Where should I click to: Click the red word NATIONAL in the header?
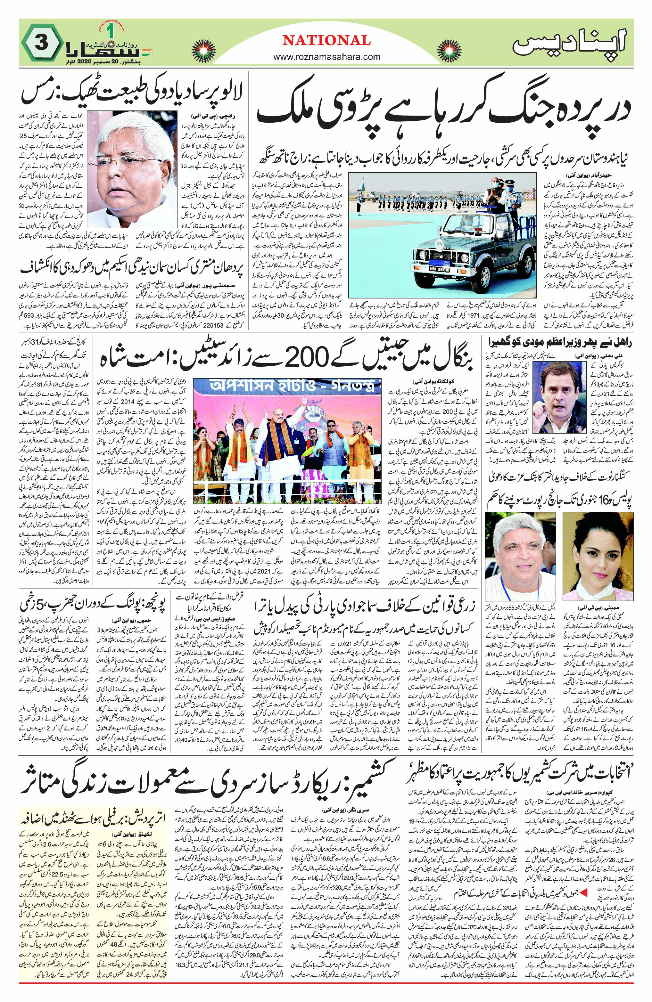click(326, 40)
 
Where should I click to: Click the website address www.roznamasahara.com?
click(326, 57)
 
